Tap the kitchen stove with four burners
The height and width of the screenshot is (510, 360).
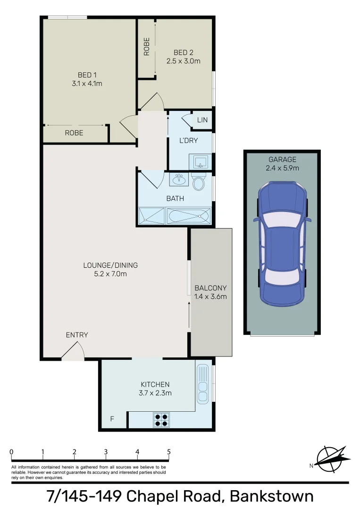click(161, 420)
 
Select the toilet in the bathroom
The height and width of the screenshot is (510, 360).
click(199, 182)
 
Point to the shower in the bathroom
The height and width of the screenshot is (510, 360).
click(151, 216)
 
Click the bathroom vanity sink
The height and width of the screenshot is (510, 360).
click(179, 180)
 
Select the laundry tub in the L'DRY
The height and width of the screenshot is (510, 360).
click(201, 161)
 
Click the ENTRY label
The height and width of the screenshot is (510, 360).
click(77, 335)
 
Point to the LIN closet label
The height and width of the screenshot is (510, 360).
click(202, 120)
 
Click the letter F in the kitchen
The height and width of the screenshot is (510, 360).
click(112, 418)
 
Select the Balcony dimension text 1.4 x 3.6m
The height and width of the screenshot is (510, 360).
click(210, 297)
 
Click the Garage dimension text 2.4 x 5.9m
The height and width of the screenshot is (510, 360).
click(282, 168)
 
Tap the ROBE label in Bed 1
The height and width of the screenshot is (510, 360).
click(74, 133)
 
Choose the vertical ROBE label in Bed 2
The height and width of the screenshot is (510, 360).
click(147, 47)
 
